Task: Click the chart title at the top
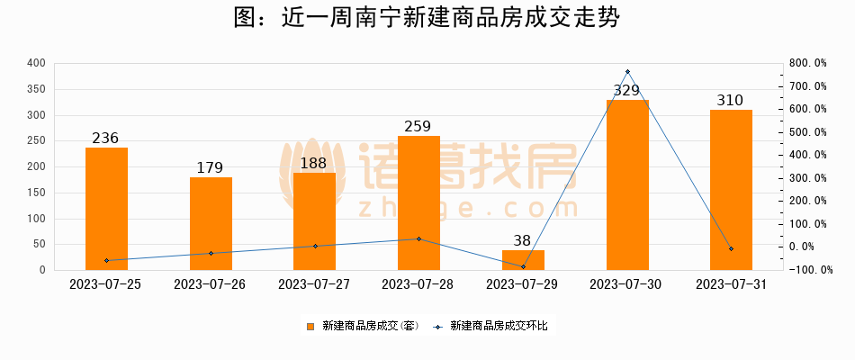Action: (427, 19)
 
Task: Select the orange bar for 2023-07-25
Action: (106, 209)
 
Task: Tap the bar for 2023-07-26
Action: (211, 223)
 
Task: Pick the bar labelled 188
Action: (314, 221)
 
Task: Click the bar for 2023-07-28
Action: (418, 202)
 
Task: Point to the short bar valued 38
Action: (523, 260)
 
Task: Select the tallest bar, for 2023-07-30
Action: (626, 184)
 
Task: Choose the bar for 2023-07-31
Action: (731, 190)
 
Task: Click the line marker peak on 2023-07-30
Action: (626, 72)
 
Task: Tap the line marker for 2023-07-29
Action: (523, 266)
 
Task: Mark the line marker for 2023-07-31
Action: (731, 248)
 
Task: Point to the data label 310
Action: (731, 100)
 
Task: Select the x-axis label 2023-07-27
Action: (314, 283)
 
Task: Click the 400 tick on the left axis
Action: (36, 63)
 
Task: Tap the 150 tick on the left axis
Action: (36, 193)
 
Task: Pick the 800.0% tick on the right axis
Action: (807, 63)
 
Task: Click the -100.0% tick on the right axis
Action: (807, 270)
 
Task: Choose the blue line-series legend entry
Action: (491, 326)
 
